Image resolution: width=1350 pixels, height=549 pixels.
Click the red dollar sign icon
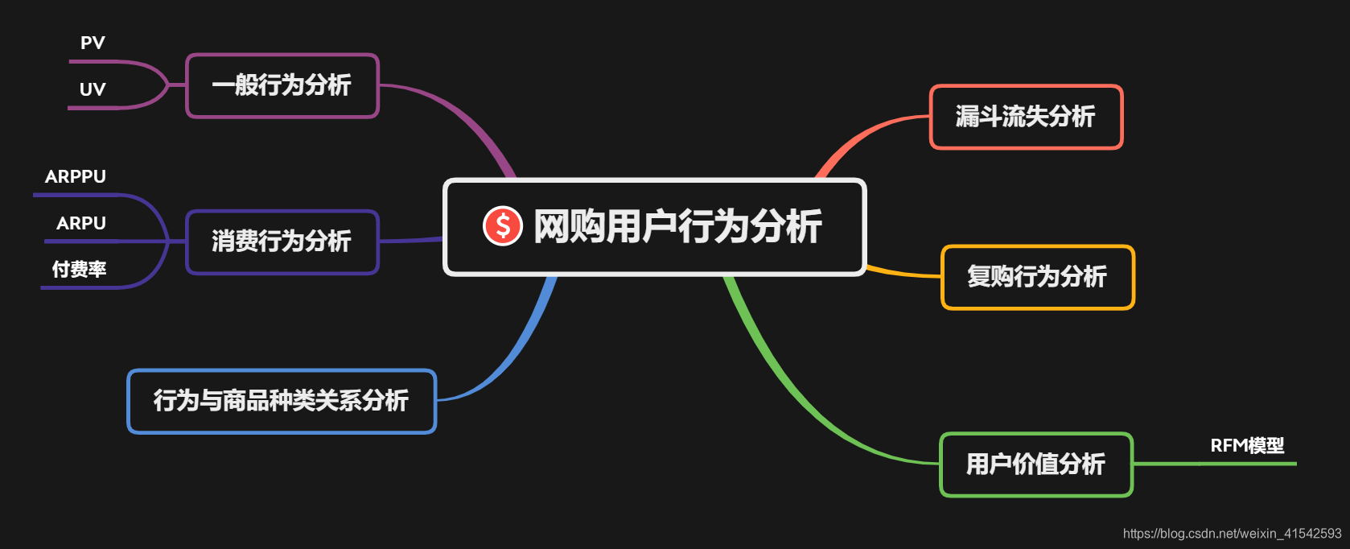[503, 225]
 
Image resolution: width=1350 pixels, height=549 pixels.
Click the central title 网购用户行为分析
[677, 226]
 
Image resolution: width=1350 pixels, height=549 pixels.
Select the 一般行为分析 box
[282, 85]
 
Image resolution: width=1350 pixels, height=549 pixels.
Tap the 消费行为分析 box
[282, 241]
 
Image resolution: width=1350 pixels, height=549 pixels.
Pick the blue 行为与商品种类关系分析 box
[282, 401]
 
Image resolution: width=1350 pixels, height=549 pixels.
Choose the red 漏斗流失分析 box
[1026, 117]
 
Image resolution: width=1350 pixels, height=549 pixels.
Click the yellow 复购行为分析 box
[1037, 277]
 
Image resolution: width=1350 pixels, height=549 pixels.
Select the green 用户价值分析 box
[1035, 464]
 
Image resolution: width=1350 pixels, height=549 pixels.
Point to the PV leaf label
[93, 43]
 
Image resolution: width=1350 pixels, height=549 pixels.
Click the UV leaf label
[93, 89]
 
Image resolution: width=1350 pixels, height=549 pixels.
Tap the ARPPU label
[76, 177]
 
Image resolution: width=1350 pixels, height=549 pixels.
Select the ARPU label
[81, 224]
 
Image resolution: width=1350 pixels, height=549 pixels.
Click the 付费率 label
[79, 270]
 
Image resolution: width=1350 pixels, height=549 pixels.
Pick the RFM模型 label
[1247, 446]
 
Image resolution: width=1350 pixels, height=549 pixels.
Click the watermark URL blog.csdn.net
[1232, 534]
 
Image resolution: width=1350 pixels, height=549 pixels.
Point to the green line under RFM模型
[1215, 464]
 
